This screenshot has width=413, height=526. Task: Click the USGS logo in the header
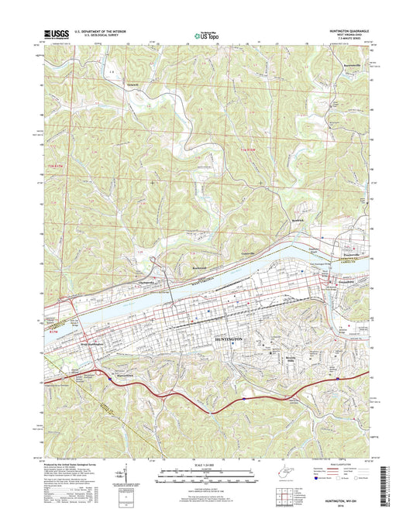pyautogui.click(x=59, y=33)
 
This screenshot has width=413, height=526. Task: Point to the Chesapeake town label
pyautogui.click(x=148, y=282)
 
